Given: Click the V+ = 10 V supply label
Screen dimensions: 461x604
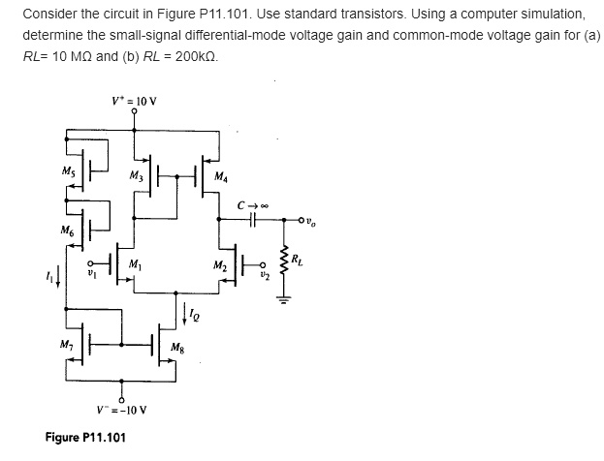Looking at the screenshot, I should pyautogui.click(x=134, y=100).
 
